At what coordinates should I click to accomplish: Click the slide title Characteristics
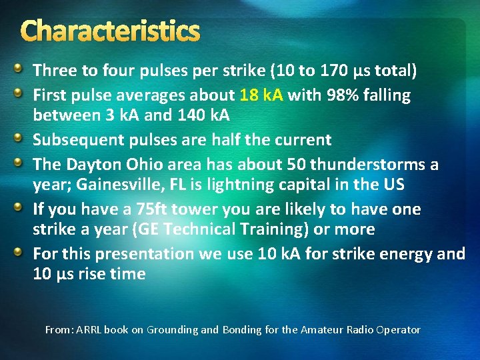(x=111, y=31)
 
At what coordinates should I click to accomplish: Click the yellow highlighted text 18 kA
(x=262, y=95)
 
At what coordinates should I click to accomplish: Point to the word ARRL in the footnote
(x=90, y=329)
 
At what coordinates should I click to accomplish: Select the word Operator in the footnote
(x=399, y=329)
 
